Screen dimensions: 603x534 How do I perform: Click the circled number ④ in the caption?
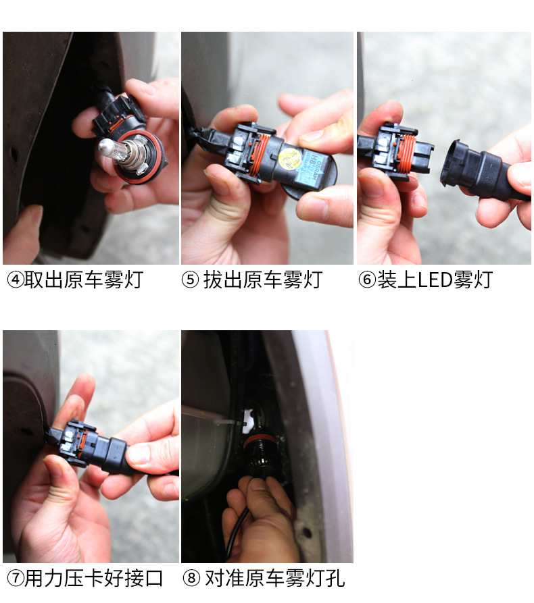click(x=15, y=280)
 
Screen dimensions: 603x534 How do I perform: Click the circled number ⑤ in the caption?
click(x=190, y=280)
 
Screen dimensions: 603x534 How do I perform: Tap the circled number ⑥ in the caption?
click(x=366, y=280)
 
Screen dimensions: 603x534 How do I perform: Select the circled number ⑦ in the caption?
click(x=15, y=579)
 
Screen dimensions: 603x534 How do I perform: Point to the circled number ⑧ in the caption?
click(x=191, y=579)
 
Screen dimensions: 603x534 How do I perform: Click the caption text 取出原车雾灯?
click(x=84, y=280)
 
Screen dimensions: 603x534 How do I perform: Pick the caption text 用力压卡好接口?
click(x=94, y=579)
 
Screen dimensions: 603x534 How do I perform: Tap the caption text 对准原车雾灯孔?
click(x=274, y=579)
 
